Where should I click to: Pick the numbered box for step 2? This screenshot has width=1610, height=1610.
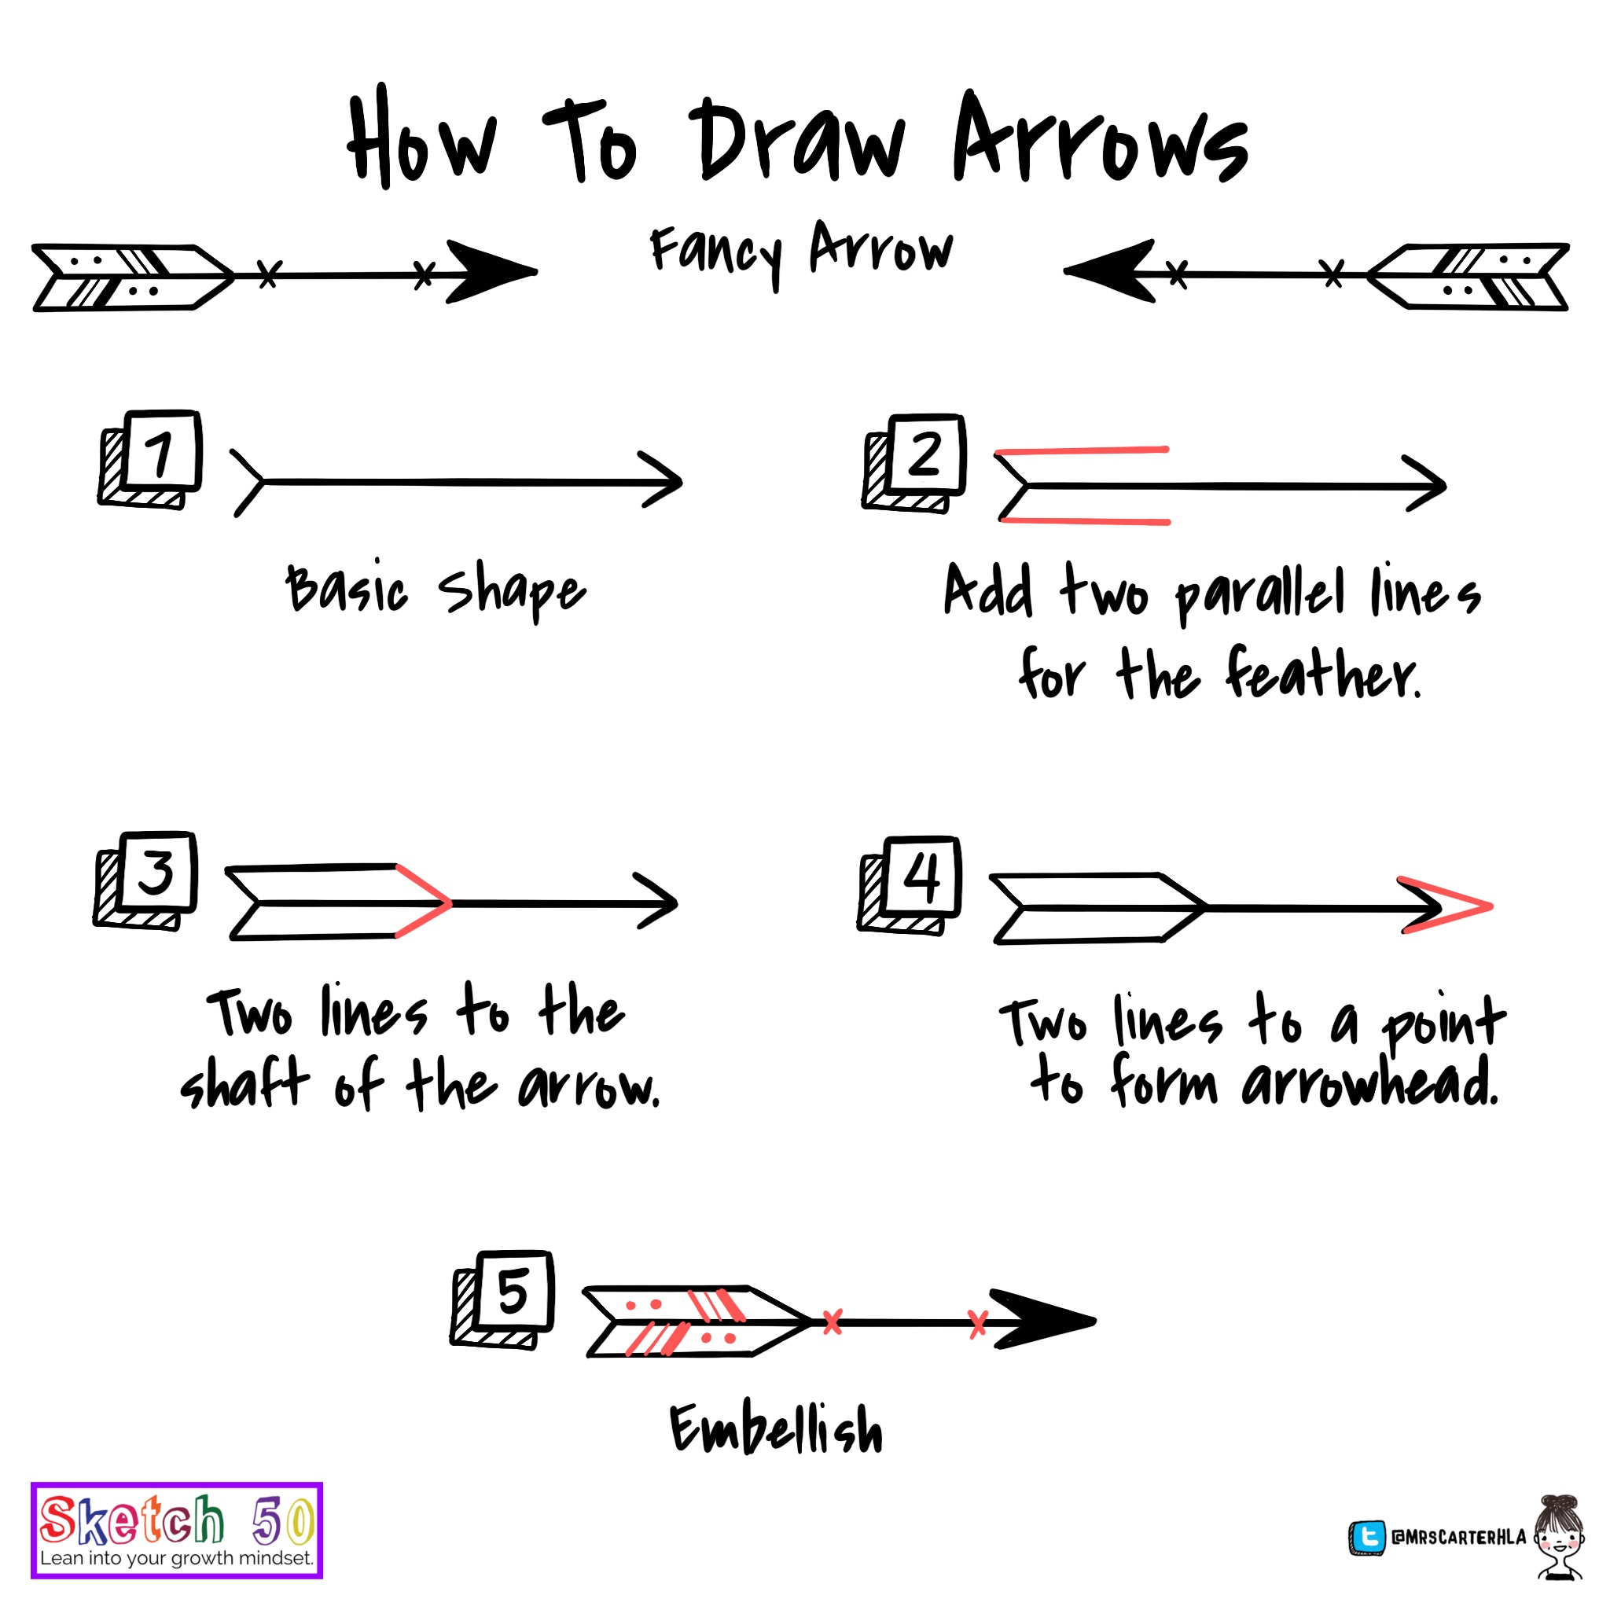(925, 456)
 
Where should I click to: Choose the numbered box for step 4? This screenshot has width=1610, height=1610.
(921, 877)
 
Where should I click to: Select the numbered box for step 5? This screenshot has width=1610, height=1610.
(513, 1292)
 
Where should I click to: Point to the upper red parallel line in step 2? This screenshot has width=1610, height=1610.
(1083, 450)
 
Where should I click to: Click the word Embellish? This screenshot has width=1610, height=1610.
(777, 1430)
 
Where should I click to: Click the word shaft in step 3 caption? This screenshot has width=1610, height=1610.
(245, 1084)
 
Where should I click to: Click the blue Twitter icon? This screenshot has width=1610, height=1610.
(1366, 1538)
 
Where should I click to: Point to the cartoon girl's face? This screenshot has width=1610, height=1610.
(1559, 1538)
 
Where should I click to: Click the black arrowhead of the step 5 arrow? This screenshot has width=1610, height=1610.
(1042, 1320)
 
